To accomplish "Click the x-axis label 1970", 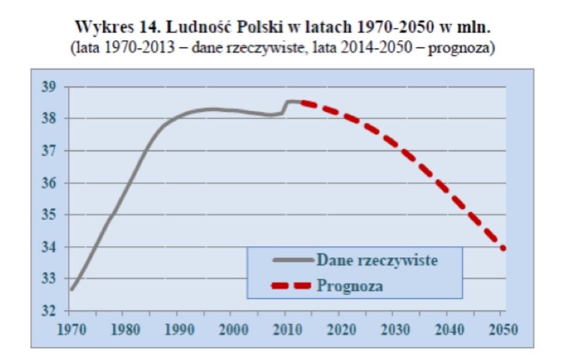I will [x=71, y=330].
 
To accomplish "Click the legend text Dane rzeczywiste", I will [x=377, y=260].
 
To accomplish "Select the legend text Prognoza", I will [x=350, y=285].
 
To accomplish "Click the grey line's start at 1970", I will [x=71, y=290].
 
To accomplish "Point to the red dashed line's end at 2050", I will [x=503, y=248].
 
